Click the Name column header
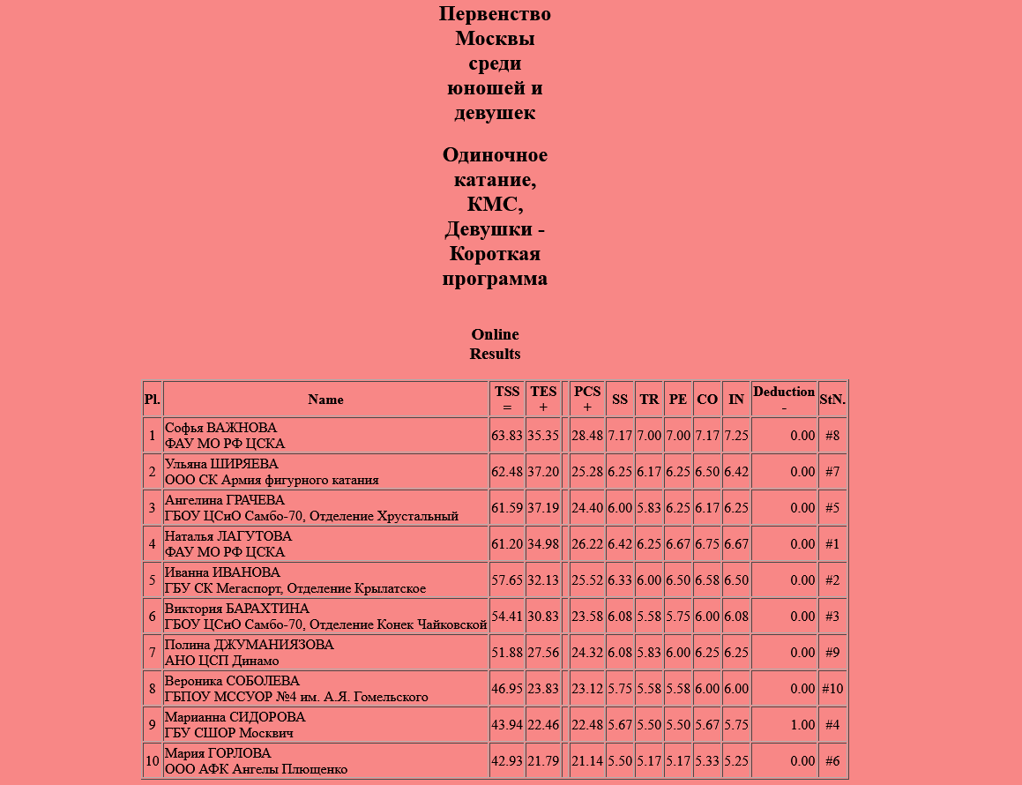point(325,400)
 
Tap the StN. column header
point(832,400)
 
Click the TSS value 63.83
point(507,436)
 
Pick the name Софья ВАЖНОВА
point(220,428)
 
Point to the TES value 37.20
point(543,472)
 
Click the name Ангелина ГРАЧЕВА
point(225,500)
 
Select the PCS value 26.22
point(587,544)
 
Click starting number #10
point(832,689)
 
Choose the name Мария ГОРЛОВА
point(218,753)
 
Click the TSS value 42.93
point(507,761)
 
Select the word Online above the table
point(495,334)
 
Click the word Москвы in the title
point(495,39)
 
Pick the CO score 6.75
point(707,544)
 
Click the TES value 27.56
point(543,653)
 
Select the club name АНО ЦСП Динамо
point(222,661)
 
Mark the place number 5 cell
point(152,580)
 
